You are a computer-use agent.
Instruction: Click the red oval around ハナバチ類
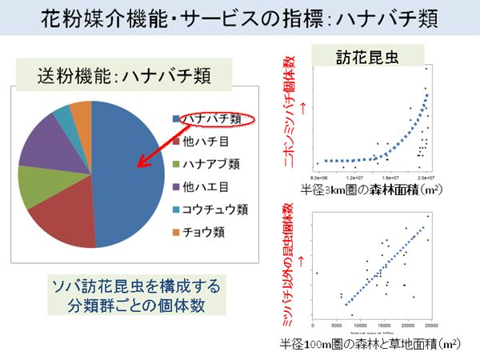[212, 120]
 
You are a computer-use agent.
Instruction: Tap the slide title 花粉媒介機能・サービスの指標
[240, 19]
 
